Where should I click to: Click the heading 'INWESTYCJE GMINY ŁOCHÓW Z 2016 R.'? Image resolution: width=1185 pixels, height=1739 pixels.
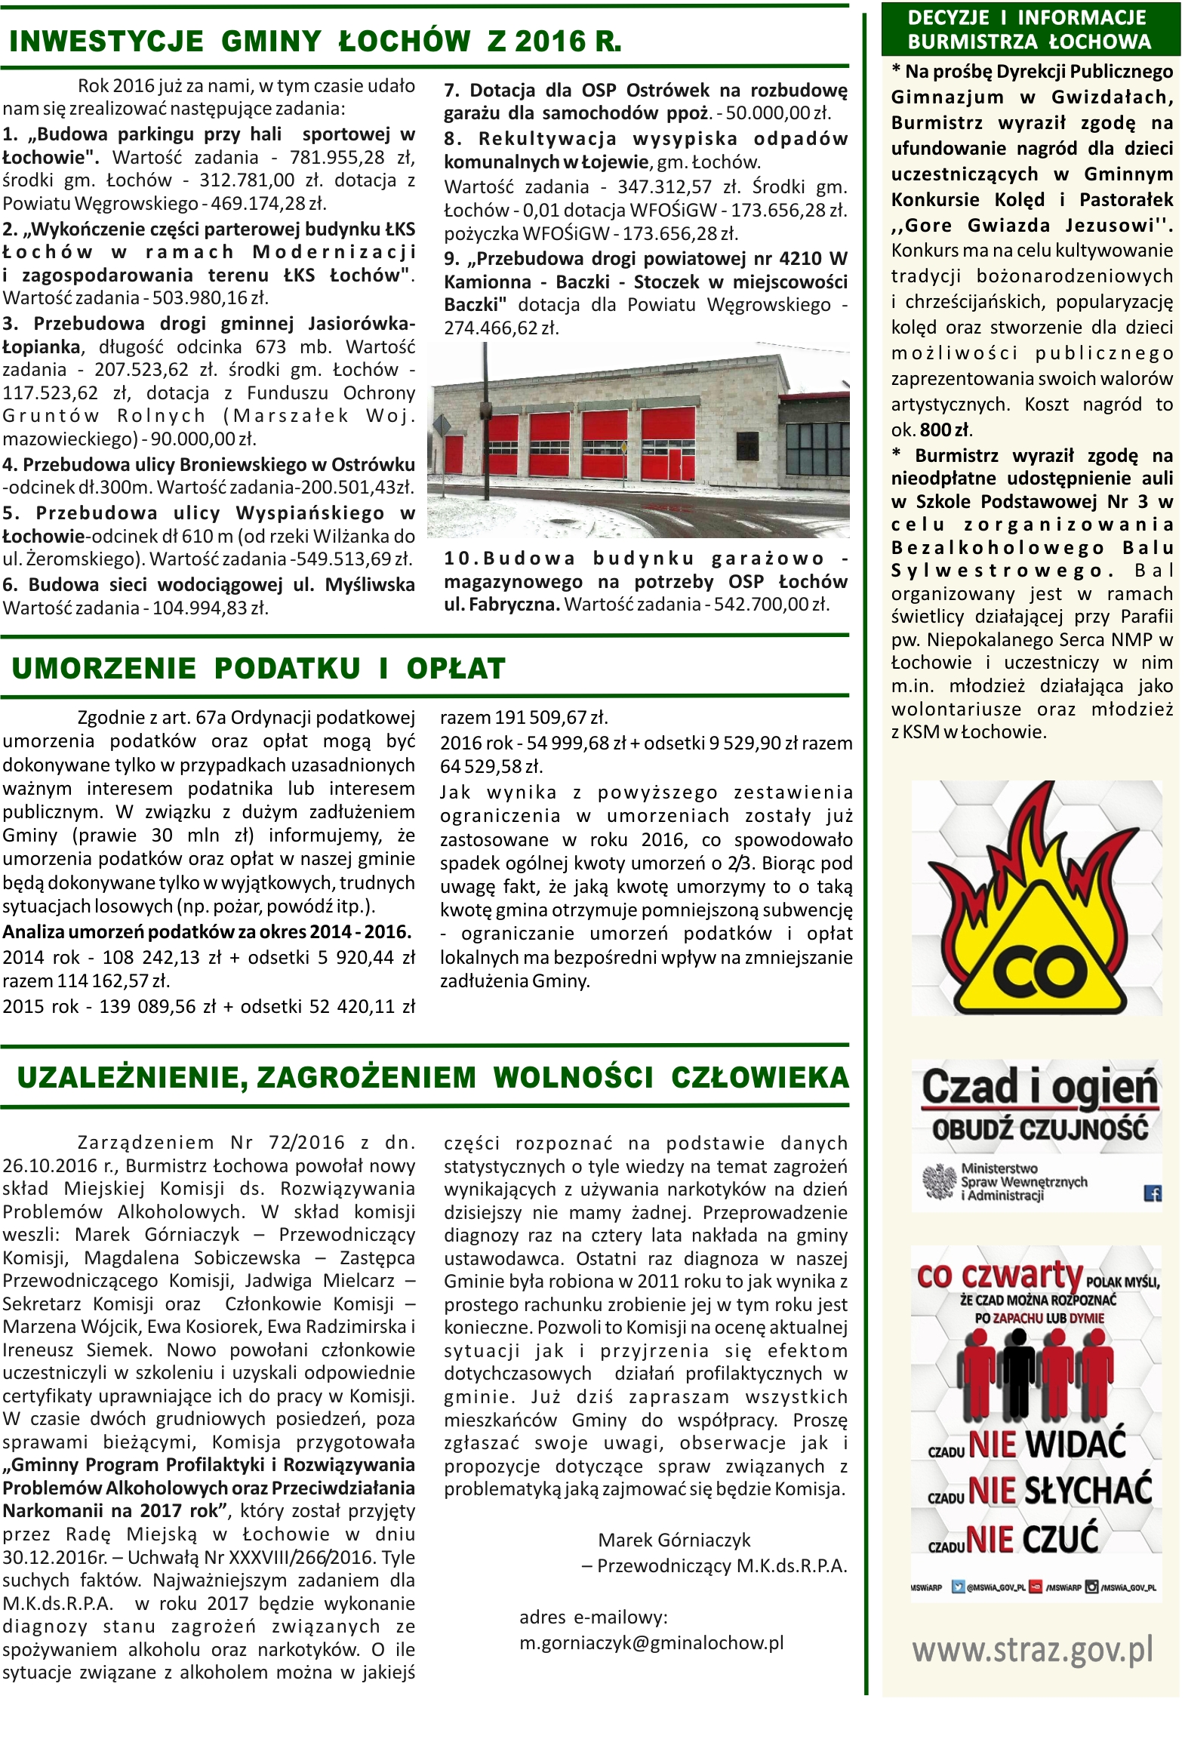pos(315,42)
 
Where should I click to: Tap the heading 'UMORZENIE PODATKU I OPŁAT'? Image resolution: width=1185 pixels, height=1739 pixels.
pos(258,669)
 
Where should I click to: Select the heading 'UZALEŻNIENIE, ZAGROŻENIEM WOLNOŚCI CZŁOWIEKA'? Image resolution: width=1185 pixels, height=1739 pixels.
pos(432,1077)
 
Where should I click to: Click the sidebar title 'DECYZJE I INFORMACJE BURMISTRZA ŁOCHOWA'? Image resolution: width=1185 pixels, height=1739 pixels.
pos(1030,30)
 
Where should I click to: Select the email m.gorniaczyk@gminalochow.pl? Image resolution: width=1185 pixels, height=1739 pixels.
pos(651,1643)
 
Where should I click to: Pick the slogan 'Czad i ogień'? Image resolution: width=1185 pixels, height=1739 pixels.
pos(1039,1088)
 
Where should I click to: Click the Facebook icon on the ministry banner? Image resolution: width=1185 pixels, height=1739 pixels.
pos(1153,1193)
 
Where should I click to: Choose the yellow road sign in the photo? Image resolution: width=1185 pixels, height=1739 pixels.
pos(623,448)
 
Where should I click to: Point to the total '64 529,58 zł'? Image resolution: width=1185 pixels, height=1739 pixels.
pos(491,767)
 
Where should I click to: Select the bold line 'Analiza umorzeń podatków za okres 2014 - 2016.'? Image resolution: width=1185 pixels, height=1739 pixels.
pos(207,932)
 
